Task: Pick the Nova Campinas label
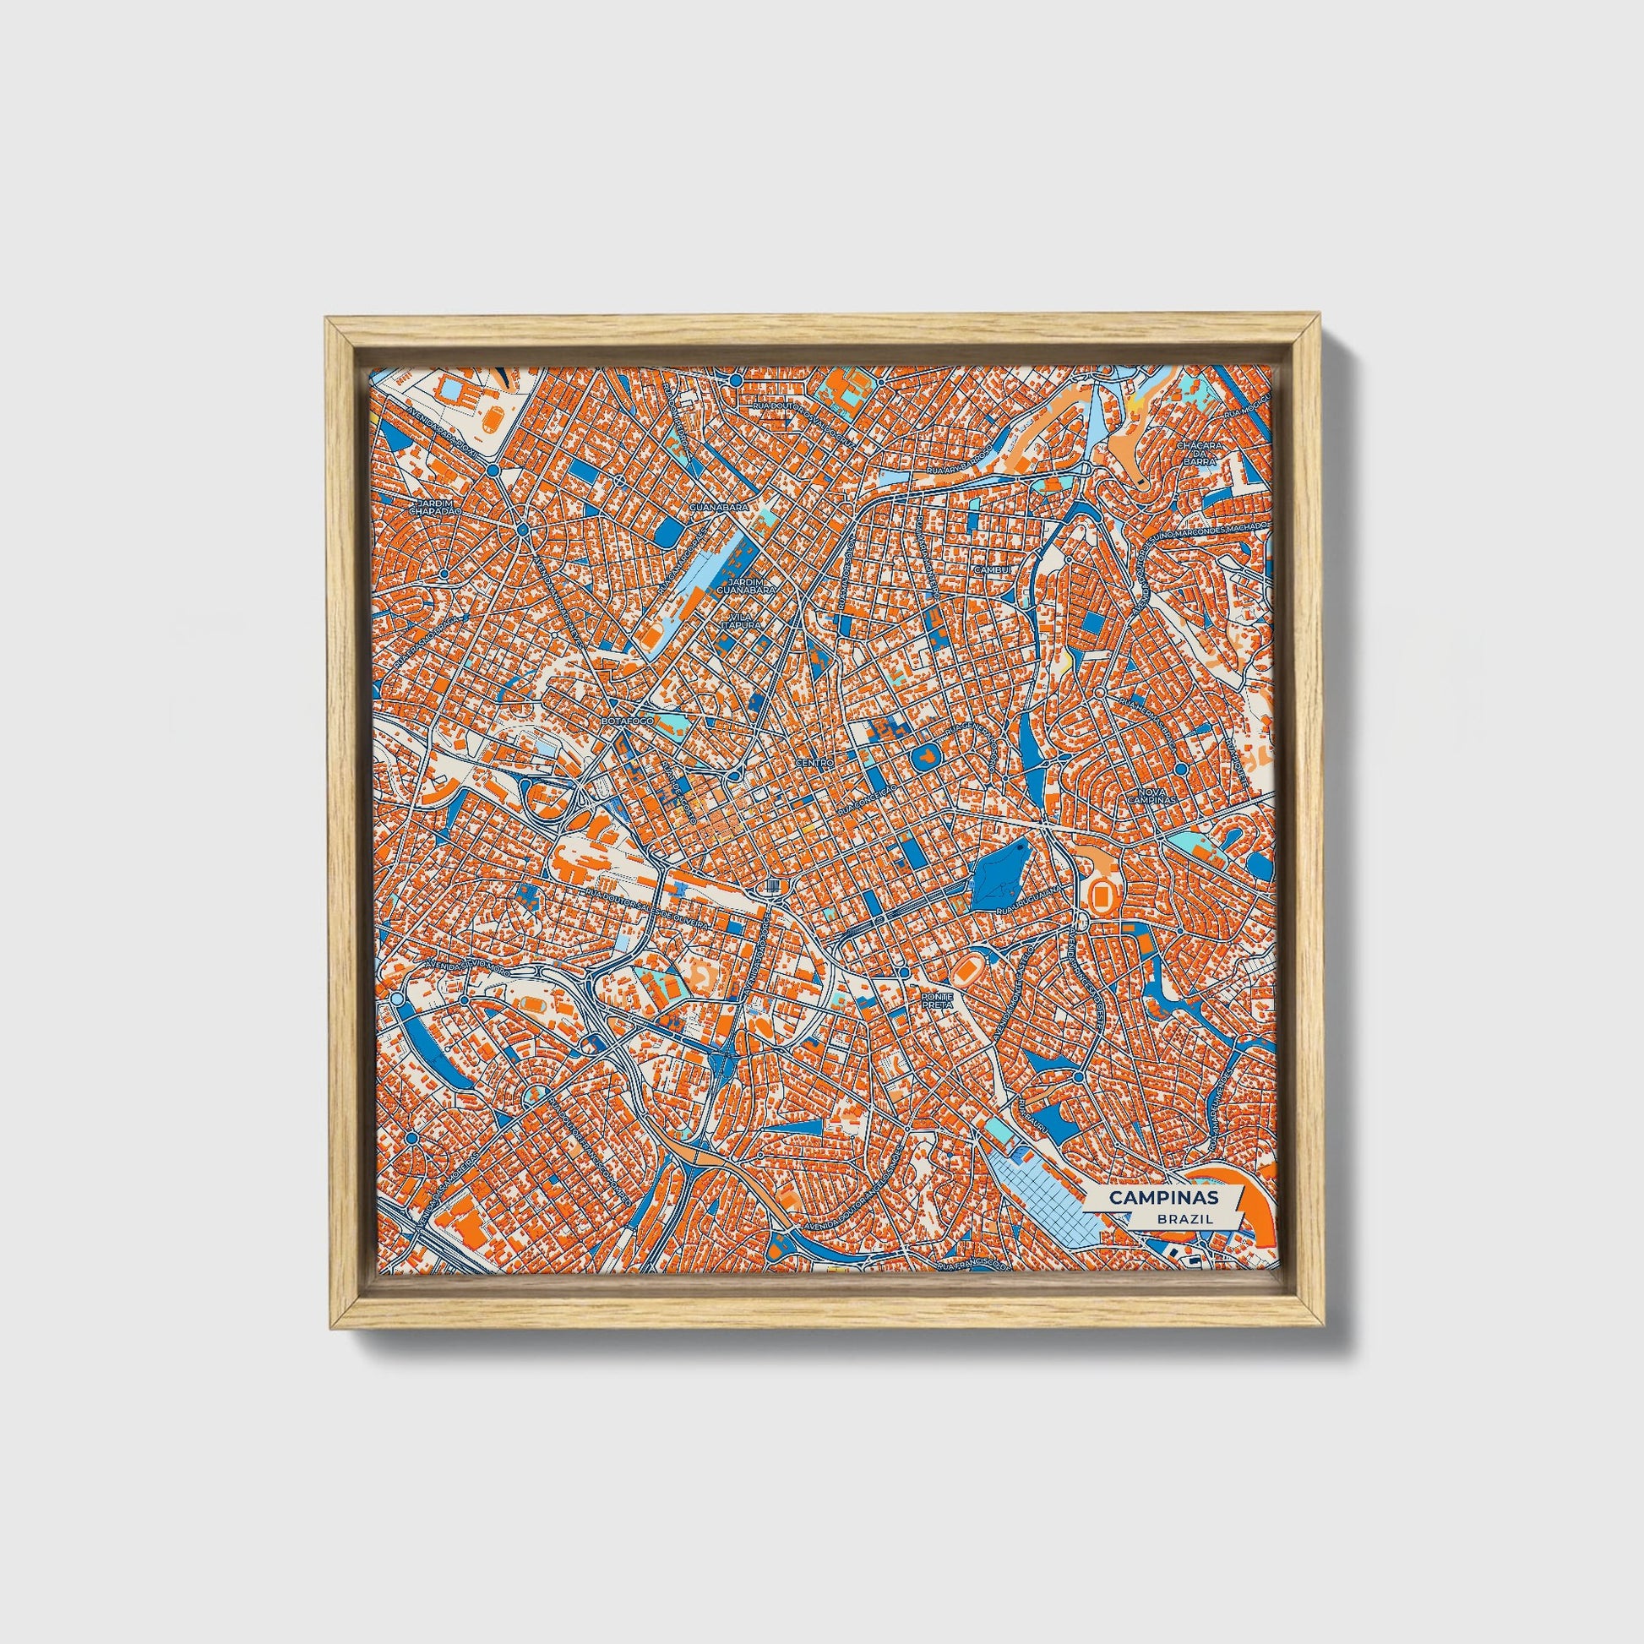point(1154,796)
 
